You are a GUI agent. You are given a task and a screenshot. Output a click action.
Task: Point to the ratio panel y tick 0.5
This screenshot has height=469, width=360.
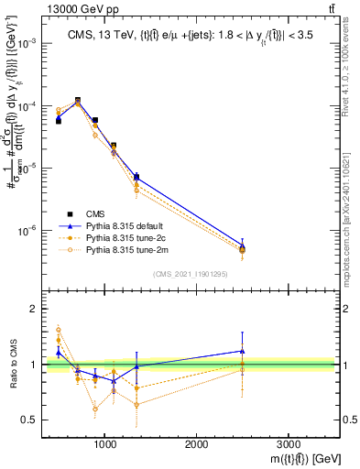click(32, 420)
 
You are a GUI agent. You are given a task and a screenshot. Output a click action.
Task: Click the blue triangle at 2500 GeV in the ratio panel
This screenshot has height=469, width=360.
click(242, 351)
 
